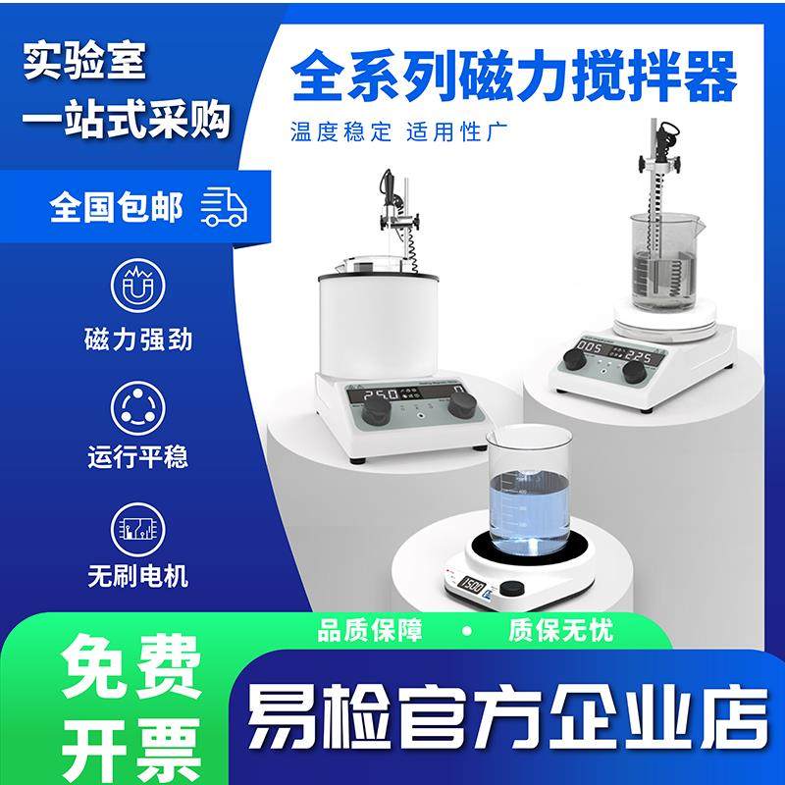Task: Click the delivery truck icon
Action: point(224,207)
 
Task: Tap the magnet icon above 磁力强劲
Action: point(137,284)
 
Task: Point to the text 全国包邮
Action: point(116,208)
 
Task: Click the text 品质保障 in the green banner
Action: point(370,630)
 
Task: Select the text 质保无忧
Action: point(560,630)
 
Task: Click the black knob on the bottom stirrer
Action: point(511,589)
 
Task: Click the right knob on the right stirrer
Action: point(635,372)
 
